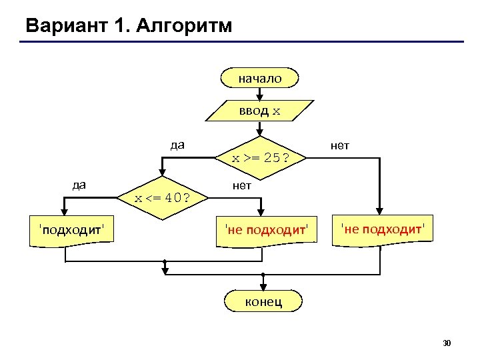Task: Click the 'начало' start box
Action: pyautogui.click(x=261, y=78)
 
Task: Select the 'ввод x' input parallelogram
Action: pyautogui.click(x=261, y=110)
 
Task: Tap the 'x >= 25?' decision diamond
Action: pyautogui.click(x=261, y=158)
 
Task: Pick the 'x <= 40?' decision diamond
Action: pyautogui.click(x=161, y=198)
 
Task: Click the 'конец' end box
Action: pyautogui.click(x=263, y=301)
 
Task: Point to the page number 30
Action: pyautogui.click(x=447, y=343)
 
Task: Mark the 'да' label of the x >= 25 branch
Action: pyautogui.click(x=177, y=145)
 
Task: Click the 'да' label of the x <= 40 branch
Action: pyautogui.click(x=79, y=185)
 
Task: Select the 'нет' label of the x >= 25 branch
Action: pyautogui.click(x=339, y=145)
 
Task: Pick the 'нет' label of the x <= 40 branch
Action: pyautogui.click(x=241, y=185)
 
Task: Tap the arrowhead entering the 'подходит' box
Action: pyautogui.click(x=65, y=211)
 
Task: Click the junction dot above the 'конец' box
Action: pyautogui.click(x=263, y=275)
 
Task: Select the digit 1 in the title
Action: pyautogui.click(x=121, y=26)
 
